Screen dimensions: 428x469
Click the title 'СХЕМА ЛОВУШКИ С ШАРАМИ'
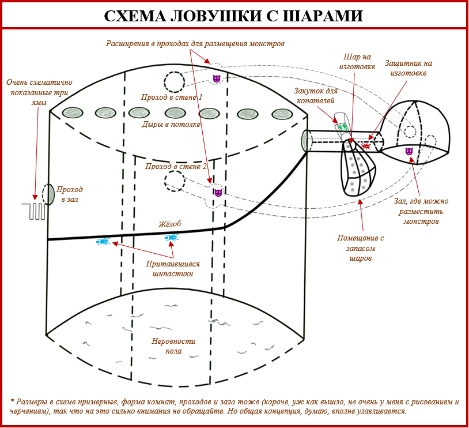(x=233, y=16)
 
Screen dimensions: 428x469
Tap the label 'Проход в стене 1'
(x=172, y=97)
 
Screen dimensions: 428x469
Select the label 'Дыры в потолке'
(x=171, y=124)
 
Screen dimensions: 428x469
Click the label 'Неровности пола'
(x=173, y=346)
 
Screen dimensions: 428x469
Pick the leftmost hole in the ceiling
(x=73, y=112)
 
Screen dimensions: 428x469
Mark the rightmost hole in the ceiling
(x=281, y=114)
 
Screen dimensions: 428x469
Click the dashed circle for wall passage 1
(x=174, y=82)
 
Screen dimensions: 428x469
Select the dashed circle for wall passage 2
(x=175, y=181)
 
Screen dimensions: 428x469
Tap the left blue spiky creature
(x=103, y=241)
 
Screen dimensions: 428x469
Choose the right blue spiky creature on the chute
(x=171, y=237)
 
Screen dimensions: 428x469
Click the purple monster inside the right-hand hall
(x=409, y=151)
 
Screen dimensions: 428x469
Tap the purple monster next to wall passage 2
(x=218, y=193)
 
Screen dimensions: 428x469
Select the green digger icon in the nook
(x=342, y=126)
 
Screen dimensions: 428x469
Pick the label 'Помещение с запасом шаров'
(x=360, y=248)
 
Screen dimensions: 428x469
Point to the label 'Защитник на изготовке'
(x=409, y=68)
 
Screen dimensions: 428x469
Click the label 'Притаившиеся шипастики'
(x=172, y=269)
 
